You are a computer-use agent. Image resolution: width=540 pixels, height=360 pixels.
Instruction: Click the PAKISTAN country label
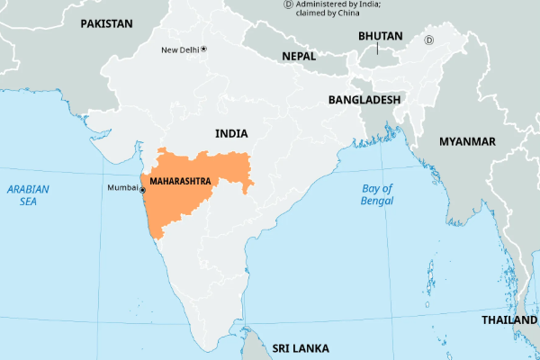106,23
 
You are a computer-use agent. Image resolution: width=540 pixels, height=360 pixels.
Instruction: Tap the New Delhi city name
179,49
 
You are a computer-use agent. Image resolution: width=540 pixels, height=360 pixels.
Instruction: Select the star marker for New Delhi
204,48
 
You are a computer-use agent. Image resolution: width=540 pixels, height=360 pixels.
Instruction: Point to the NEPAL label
299,56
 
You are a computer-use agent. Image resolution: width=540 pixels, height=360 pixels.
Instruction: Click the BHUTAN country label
381,36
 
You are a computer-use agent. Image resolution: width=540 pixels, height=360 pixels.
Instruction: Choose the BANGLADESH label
364,99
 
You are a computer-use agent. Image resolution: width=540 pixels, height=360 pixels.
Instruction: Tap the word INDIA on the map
231,133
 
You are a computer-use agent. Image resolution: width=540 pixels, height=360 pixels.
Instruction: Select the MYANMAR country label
467,142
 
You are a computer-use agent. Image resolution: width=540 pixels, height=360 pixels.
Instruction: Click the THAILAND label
509,320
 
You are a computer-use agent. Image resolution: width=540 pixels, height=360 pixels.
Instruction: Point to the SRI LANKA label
301,347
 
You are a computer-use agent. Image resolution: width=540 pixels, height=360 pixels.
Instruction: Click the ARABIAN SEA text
29,195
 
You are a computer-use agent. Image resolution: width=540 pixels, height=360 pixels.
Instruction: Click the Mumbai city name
122,188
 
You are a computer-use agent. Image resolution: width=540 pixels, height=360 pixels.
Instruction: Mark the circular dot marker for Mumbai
142,189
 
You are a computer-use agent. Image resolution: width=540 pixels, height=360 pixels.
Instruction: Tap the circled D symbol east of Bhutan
429,40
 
